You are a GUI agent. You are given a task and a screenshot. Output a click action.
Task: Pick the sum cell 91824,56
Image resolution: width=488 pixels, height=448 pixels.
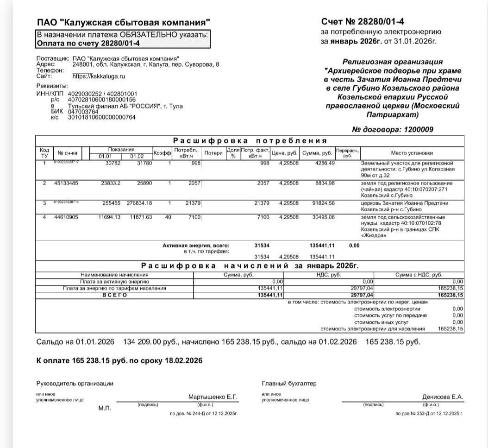324,203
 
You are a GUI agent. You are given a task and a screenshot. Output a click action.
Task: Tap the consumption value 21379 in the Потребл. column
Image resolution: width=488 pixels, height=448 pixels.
191,203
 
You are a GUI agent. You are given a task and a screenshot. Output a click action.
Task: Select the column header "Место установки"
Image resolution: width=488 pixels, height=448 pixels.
412,153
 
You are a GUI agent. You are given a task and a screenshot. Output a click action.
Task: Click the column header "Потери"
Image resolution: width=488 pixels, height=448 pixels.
213,153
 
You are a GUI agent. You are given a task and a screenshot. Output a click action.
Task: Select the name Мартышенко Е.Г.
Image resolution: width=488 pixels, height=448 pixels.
213,397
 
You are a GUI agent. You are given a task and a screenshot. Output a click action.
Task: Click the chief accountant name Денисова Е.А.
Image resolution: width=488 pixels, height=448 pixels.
443,397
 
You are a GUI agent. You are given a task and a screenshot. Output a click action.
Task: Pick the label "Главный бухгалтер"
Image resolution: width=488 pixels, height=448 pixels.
289,384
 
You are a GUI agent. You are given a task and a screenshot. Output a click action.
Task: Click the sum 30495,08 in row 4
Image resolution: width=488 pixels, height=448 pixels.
324,218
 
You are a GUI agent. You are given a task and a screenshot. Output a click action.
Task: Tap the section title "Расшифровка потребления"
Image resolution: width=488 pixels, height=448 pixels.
250,141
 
